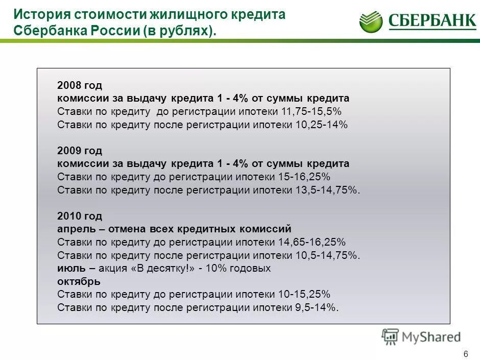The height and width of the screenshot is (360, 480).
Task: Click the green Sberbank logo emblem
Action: point(371,22)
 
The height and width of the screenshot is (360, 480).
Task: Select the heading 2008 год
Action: point(80,85)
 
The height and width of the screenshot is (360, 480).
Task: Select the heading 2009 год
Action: point(80,151)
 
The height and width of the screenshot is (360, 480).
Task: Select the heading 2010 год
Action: point(80,216)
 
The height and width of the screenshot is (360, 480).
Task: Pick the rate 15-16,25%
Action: point(305,177)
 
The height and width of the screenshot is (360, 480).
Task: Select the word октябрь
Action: point(79,281)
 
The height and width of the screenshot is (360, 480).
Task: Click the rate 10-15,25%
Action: point(305,294)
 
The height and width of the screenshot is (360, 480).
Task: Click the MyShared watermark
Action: point(421,337)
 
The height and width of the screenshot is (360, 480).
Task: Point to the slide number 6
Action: point(465,354)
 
